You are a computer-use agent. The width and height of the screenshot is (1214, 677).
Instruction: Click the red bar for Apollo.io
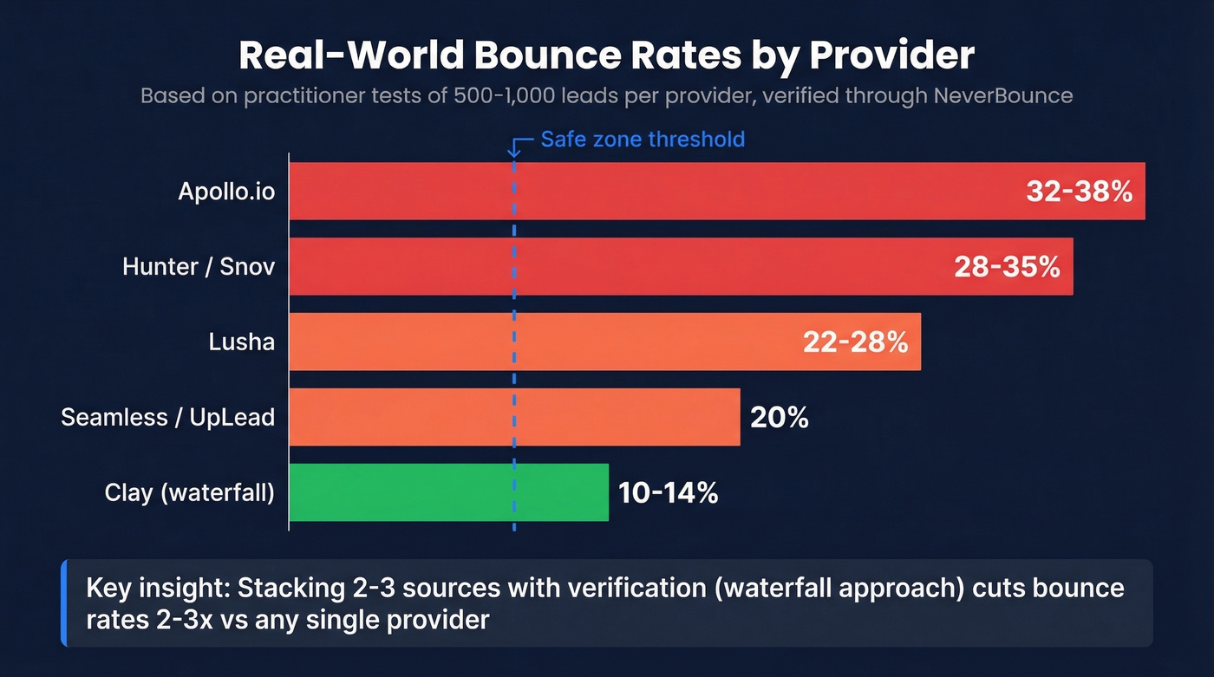[x=650, y=191]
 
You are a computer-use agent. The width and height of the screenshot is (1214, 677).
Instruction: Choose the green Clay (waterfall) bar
[x=448, y=492]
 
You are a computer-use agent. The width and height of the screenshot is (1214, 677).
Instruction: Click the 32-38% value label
[x=1079, y=192]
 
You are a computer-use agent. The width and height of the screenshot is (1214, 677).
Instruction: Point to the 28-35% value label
[x=1007, y=267]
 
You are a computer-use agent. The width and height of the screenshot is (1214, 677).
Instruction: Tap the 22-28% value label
[x=855, y=342]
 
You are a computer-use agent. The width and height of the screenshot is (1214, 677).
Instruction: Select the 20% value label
[x=779, y=418]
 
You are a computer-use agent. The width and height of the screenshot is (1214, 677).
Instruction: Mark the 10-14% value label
[x=668, y=493]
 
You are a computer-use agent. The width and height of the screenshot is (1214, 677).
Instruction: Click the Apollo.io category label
[x=226, y=192]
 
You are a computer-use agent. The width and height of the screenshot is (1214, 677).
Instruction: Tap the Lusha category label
[x=241, y=342]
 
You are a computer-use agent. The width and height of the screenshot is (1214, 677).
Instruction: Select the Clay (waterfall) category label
[x=189, y=493]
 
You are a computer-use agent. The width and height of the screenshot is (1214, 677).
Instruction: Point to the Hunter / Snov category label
[x=199, y=267]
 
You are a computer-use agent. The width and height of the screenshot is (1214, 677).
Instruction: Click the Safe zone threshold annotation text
[x=643, y=140]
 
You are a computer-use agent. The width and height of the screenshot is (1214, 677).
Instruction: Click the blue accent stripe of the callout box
[x=64, y=603]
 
